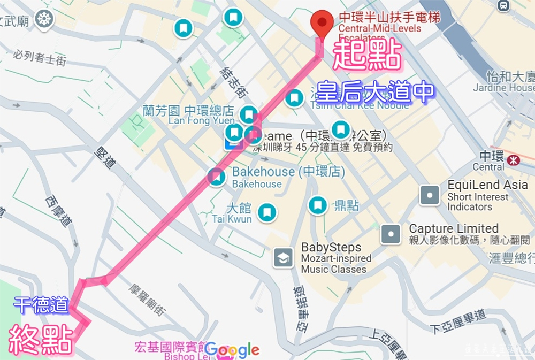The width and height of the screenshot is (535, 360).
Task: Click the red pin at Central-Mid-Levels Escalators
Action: pyautogui.click(x=322, y=22)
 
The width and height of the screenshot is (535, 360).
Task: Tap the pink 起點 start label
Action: pyautogui.click(x=368, y=55)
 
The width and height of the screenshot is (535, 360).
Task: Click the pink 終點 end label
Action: pyautogui.click(x=41, y=338)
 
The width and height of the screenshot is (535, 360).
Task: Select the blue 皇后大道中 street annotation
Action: pyautogui.click(x=374, y=92)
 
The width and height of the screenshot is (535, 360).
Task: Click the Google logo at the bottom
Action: pyautogui.click(x=232, y=350)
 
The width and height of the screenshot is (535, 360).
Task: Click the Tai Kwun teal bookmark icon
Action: pyautogui.click(x=266, y=212)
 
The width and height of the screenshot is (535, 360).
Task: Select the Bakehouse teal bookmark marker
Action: pyautogui.click(x=216, y=177)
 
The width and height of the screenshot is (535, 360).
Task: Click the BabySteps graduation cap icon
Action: pyautogui.click(x=283, y=258)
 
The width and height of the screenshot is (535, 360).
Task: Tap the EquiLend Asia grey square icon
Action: pyautogui.click(x=430, y=195)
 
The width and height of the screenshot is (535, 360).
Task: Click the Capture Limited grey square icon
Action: pyautogui.click(x=391, y=233)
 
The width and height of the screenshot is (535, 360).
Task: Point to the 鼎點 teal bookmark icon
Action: pyautogui.click(x=318, y=204)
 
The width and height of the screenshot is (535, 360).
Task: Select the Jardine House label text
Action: pyautogui.click(x=503, y=87)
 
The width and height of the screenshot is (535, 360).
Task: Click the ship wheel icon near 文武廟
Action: pyautogui.click(x=44, y=20)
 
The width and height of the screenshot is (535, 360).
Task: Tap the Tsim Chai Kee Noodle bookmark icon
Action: pyautogui.click(x=293, y=98)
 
